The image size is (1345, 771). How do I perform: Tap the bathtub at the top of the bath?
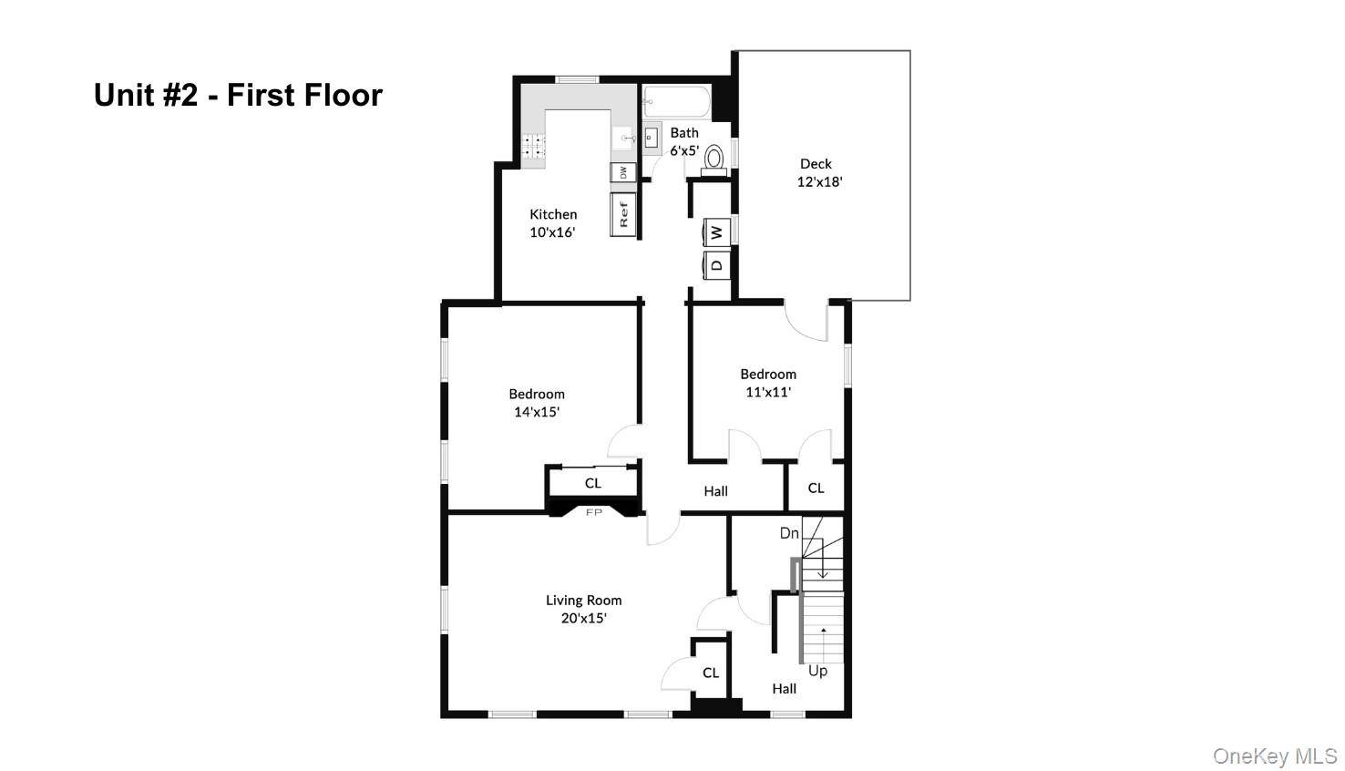click(676, 102)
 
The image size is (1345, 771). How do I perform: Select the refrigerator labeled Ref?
click(623, 214)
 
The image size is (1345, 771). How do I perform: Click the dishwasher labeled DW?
click(623, 172)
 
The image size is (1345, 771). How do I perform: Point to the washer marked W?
click(717, 231)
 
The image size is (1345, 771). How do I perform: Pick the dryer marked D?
click(717, 265)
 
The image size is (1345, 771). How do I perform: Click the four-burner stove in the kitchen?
click(533, 146)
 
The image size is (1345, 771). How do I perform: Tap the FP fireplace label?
click(594, 512)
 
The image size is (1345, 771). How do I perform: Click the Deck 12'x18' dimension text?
click(819, 182)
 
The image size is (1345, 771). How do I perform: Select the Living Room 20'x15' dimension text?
click(583, 618)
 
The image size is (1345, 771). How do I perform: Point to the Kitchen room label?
click(553, 214)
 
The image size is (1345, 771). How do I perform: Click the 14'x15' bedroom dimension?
click(537, 412)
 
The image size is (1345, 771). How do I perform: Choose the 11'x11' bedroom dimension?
click(768, 392)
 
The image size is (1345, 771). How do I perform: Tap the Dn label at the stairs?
click(789, 533)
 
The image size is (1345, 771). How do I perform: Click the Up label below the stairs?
click(817, 671)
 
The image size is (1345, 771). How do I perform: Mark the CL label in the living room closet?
click(711, 673)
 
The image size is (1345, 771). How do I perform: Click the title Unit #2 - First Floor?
click(238, 95)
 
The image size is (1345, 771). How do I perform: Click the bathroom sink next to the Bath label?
click(652, 139)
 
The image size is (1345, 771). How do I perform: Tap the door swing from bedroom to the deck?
click(806, 320)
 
